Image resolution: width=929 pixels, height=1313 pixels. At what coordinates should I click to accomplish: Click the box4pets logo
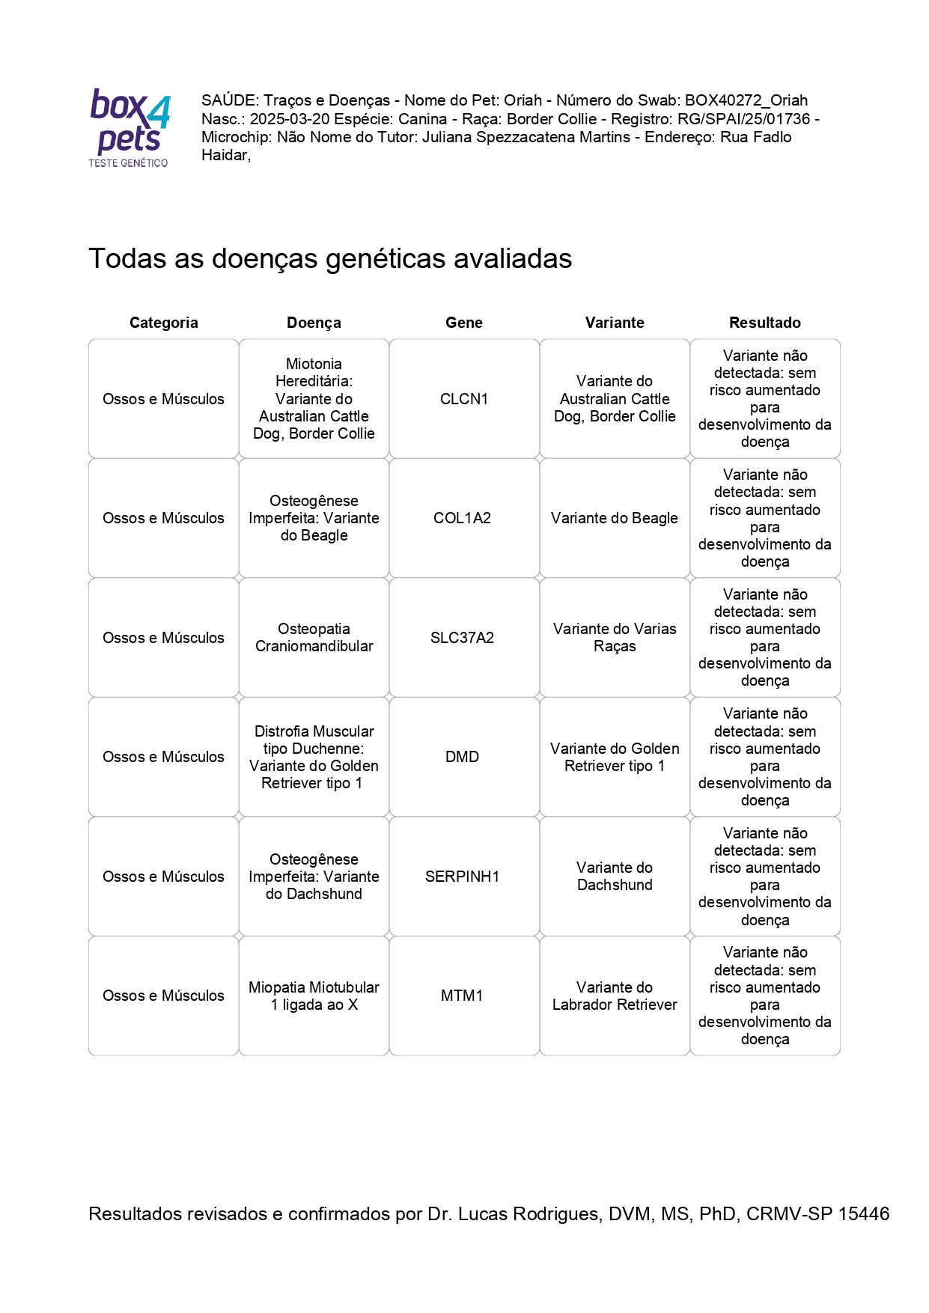pyautogui.click(x=130, y=127)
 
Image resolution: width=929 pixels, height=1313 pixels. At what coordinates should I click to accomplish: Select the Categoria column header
pyautogui.click(x=163, y=323)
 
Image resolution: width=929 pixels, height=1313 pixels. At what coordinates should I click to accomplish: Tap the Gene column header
pyautogui.click(x=463, y=323)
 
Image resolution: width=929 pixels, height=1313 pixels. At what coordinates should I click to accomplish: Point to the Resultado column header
pyautogui.click(x=764, y=323)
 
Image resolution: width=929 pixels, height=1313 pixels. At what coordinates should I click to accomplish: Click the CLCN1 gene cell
pyautogui.click(x=463, y=399)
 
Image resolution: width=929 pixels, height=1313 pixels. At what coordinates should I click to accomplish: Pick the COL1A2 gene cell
pyautogui.click(x=462, y=518)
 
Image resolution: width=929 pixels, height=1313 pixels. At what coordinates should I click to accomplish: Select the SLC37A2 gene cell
pyautogui.click(x=462, y=638)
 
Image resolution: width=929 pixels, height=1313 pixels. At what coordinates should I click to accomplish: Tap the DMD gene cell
pyautogui.click(x=462, y=757)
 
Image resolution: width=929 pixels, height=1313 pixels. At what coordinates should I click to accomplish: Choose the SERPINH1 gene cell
pyautogui.click(x=462, y=877)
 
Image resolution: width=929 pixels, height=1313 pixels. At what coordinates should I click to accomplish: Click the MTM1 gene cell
pyautogui.click(x=462, y=996)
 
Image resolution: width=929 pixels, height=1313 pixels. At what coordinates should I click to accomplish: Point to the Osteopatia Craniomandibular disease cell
pyautogui.click(x=314, y=638)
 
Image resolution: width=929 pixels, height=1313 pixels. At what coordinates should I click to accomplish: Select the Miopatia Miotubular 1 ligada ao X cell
pyautogui.click(x=314, y=996)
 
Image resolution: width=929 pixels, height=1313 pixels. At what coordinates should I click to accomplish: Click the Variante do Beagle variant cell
pyautogui.click(x=614, y=518)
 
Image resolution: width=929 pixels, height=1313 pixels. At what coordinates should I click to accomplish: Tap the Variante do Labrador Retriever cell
pyautogui.click(x=614, y=996)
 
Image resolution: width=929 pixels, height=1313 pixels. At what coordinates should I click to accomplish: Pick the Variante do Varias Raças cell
pyautogui.click(x=614, y=638)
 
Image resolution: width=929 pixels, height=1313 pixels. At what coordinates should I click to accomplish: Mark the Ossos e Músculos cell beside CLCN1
pyautogui.click(x=163, y=399)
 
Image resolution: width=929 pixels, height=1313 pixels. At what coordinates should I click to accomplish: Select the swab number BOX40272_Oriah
pyautogui.click(x=746, y=100)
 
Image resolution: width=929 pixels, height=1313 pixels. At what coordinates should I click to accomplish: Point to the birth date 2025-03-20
pyautogui.click(x=290, y=119)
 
